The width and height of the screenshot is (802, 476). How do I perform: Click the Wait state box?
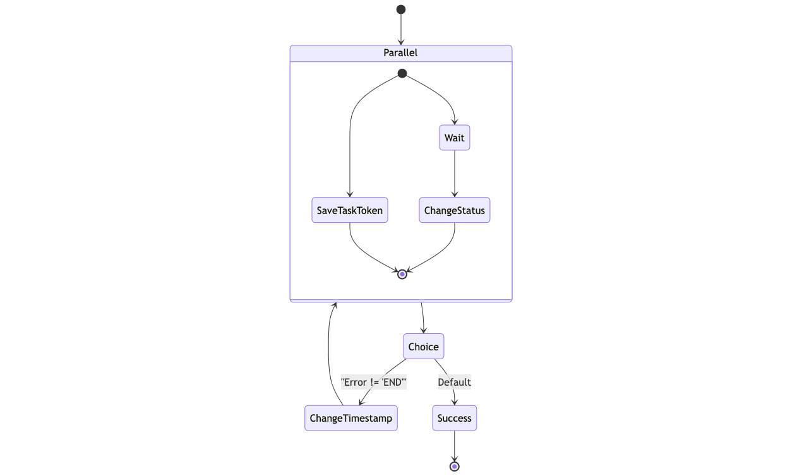[454, 138]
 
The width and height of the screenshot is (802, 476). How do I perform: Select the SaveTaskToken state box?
[349, 210]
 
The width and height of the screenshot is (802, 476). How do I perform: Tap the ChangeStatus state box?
[454, 210]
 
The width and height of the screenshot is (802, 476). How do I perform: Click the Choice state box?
[423, 347]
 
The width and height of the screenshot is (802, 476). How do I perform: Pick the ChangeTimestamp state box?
[350, 418]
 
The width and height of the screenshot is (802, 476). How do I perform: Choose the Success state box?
[454, 418]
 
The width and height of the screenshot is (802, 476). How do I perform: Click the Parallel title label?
[400, 53]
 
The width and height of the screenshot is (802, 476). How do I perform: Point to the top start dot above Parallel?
[400, 9]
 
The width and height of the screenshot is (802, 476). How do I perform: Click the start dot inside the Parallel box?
[402, 73]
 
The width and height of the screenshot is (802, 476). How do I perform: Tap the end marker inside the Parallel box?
[402, 274]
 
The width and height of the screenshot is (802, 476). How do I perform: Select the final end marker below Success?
[454, 467]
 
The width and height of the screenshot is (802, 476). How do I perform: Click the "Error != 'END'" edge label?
[373, 382]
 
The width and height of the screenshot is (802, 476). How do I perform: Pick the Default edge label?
[454, 382]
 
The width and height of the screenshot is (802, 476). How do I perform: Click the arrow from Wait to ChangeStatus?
[454, 174]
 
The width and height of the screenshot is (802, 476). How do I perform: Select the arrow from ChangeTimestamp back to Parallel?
[329, 354]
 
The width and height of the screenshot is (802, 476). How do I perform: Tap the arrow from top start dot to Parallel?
[400, 29]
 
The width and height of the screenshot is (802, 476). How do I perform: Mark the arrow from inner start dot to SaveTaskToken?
[350, 145]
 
